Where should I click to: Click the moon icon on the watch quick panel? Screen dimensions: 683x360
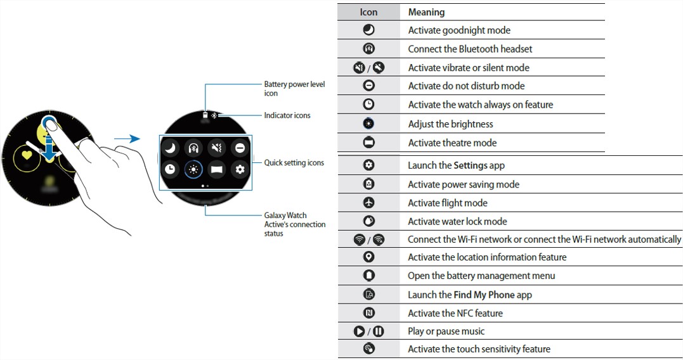(x=170, y=148)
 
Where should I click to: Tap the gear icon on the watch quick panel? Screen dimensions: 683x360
(x=240, y=169)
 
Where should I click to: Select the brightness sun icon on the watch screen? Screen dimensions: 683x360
(x=193, y=169)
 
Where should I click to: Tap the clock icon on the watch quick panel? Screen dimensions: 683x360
(x=170, y=169)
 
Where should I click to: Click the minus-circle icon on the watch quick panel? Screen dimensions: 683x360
(x=240, y=148)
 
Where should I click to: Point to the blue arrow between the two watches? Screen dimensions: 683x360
(x=127, y=139)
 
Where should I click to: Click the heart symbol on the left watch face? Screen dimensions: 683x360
(x=27, y=155)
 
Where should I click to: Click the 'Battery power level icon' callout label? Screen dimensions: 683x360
(x=294, y=88)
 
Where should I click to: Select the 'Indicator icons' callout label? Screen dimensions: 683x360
(x=287, y=115)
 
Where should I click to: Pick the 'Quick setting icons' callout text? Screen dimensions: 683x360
(x=294, y=163)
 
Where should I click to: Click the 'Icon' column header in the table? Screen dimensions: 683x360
(x=368, y=12)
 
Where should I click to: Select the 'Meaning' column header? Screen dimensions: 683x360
(x=426, y=12)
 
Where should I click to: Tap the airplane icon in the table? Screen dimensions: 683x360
(x=369, y=202)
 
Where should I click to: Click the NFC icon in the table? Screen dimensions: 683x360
(x=369, y=312)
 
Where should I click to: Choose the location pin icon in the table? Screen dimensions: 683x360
(x=369, y=257)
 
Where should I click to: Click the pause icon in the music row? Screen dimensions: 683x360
(x=379, y=331)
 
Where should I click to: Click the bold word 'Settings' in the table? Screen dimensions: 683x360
(x=471, y=165)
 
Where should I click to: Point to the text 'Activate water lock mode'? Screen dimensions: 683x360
(x=457, y=222)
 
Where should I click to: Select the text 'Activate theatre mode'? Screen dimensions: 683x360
(x=452, y=143)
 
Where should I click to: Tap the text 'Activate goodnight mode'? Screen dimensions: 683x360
(x=459, y=30)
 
